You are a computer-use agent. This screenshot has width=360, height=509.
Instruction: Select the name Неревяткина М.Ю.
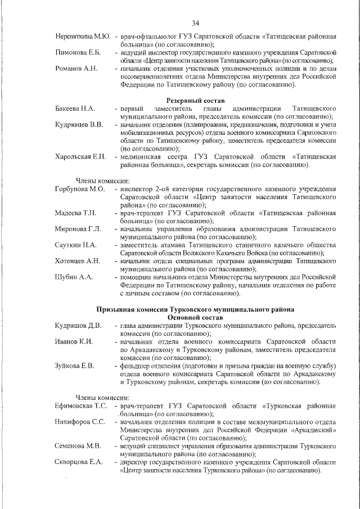tap(83, 37)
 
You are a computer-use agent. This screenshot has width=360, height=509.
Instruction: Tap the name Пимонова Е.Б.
tap(78, 52)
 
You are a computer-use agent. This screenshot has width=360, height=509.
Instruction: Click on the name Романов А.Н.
tap(76, 69)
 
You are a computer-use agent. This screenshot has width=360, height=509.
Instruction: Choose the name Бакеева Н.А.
tap(75, 108)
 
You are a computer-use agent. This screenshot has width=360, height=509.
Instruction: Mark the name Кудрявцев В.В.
tap(79, 124)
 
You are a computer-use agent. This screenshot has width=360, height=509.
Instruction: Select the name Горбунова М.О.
tap(80, 189)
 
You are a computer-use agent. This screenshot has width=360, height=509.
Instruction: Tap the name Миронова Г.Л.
tap(78, 229)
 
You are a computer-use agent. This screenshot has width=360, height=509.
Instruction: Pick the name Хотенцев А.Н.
tap(78, 261)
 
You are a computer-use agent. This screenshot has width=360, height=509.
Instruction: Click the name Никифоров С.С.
tap(80, 421)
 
